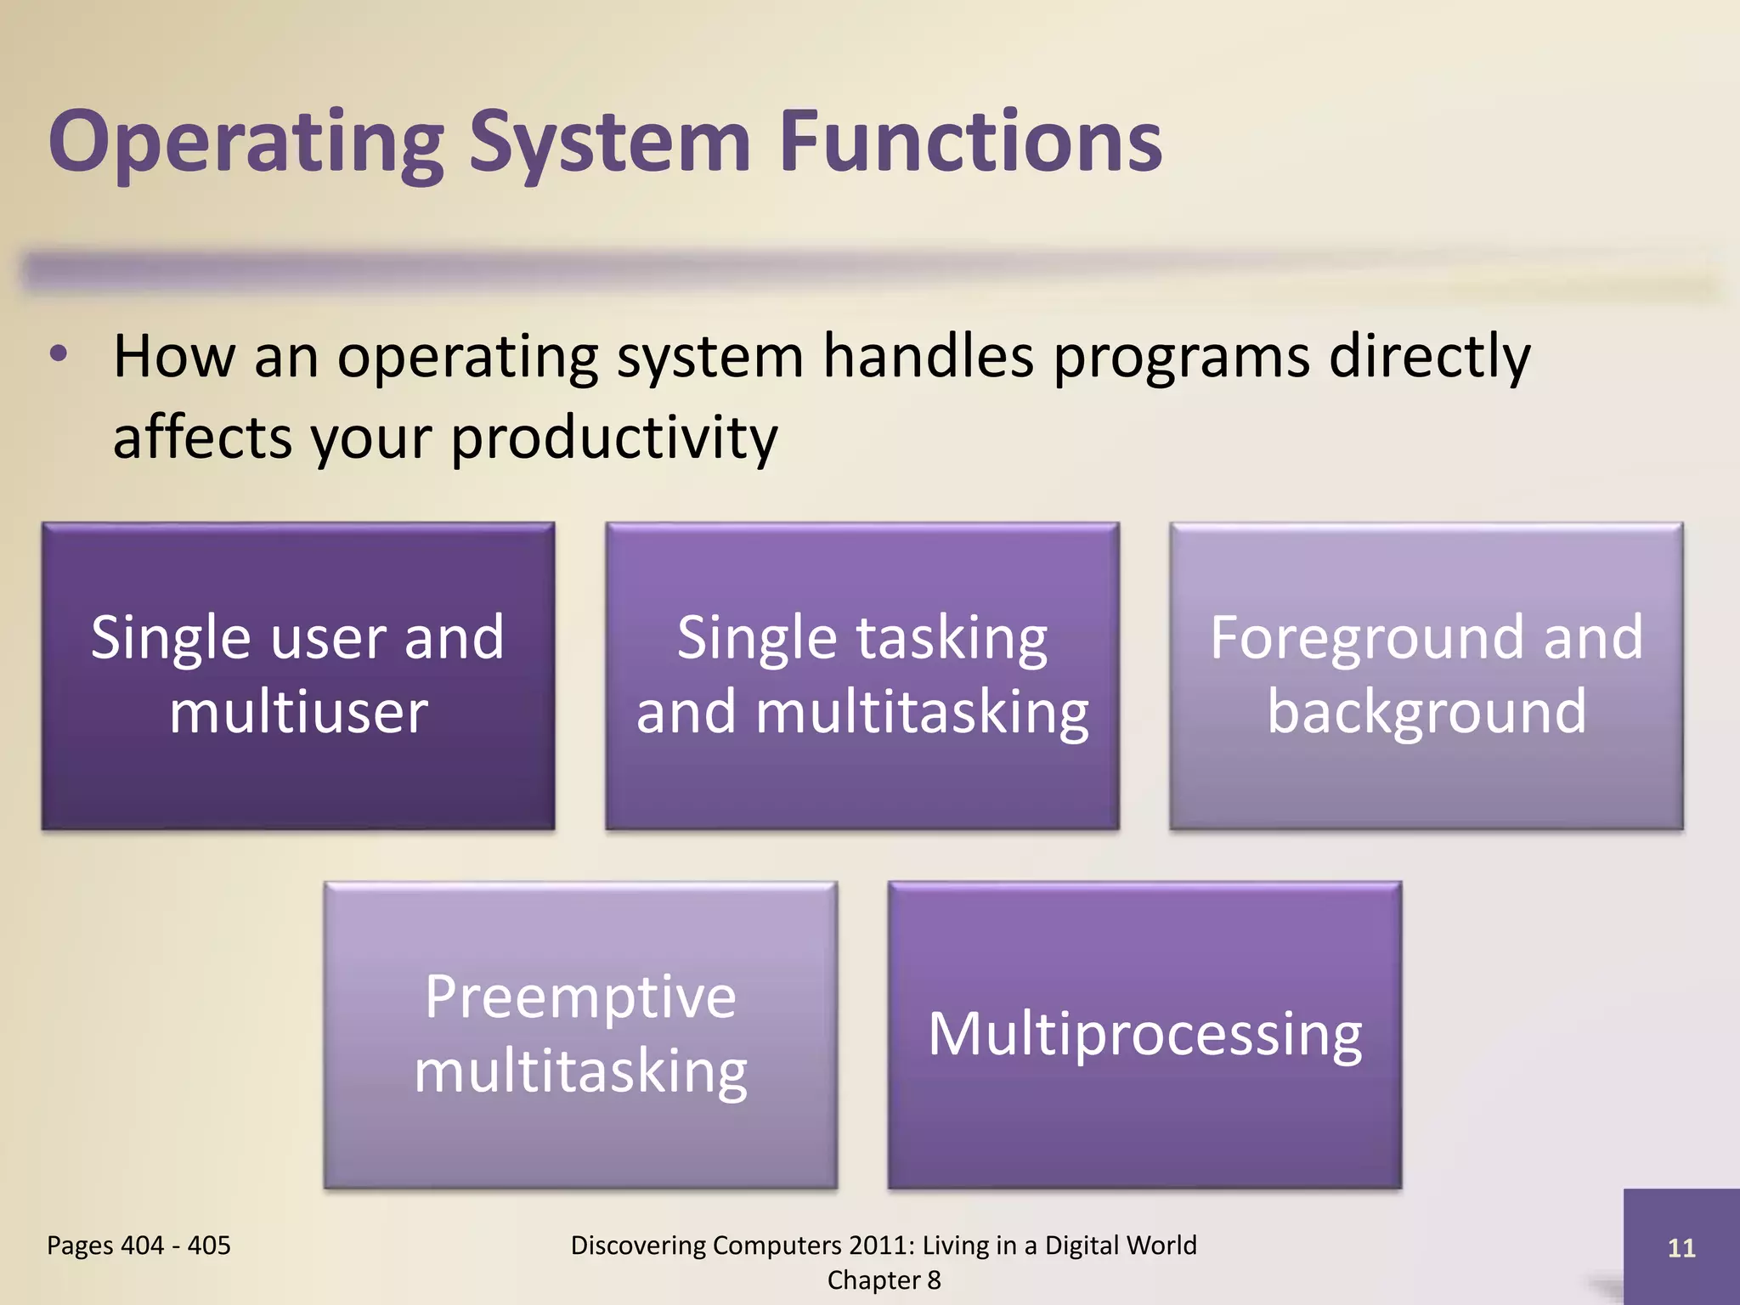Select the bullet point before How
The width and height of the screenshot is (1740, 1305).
pos(59,355)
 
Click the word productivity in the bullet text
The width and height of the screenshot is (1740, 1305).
pos(614,438)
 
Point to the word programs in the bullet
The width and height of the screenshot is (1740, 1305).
pos(1181,357)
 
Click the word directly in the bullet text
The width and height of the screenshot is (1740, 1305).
pos(1429,357)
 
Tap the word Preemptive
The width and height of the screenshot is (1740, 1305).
pos(580,997)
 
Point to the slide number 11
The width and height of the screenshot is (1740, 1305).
pos(1681,1247)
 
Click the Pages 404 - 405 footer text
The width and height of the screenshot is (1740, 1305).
pos(138,1246)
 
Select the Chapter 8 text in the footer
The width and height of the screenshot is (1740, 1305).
pos(884,1280)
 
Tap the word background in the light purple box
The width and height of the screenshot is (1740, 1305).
pos(1426,712)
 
